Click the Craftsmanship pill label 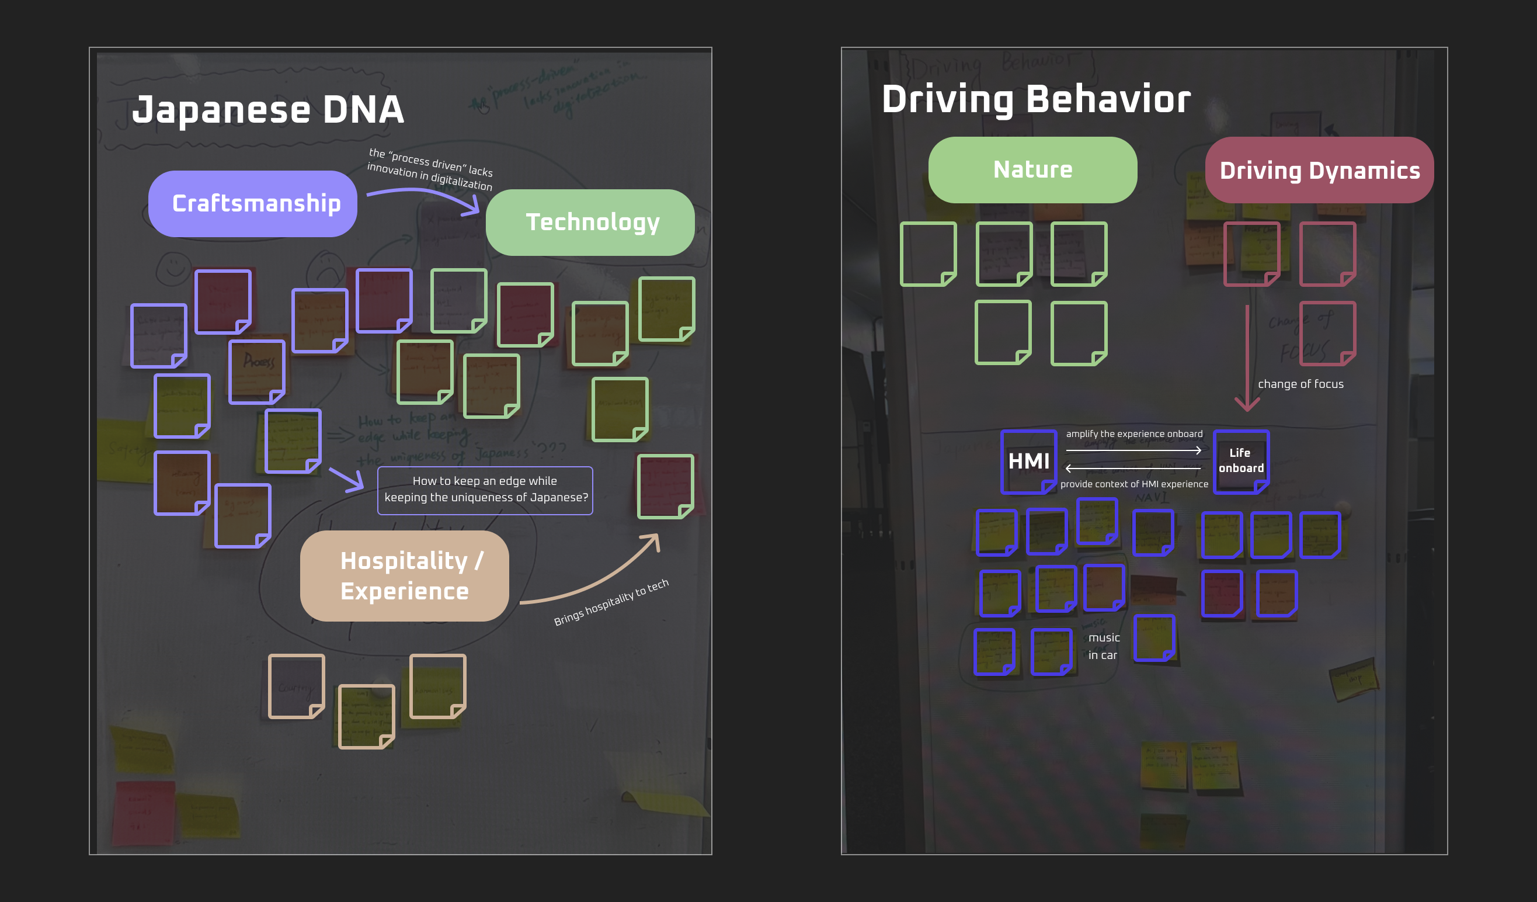coord(252,204)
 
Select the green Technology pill coord(590,223)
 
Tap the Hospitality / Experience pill coord(404,575)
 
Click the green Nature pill coord(1032,169)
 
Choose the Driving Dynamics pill coord(1319,170)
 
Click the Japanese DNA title coord(268,110)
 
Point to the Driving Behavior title coord(1035,99)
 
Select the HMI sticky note coord(1028,462)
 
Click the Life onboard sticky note coord(1240,461)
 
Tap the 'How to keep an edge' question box coord(485,490)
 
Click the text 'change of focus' coord(1300,384)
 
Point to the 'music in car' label coord(1103,646)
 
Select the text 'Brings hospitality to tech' coord(611,602)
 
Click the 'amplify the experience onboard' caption coord(1134,434)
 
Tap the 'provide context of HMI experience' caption coord(1134,484)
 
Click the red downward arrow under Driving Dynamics coord(1247,360)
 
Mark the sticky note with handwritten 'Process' coord(257,371)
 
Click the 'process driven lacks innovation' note coord(430,169)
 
